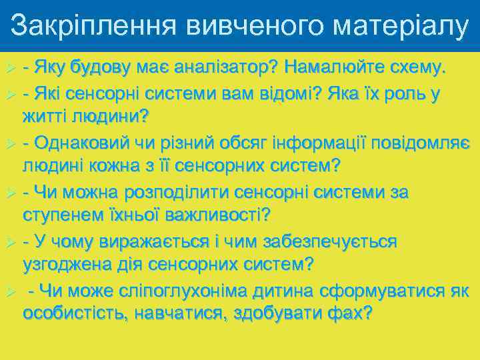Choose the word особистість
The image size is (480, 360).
click(74, 313)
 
